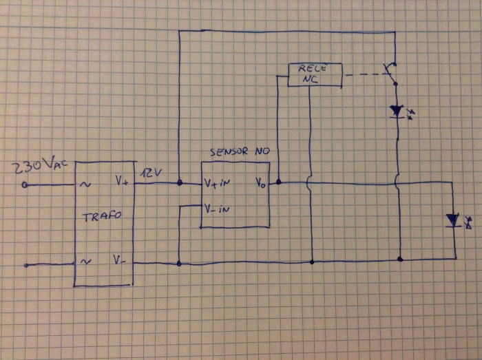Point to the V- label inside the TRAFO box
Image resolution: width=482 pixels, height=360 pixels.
click(x=120, y=260)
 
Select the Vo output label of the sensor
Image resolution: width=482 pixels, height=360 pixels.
click(x=261, y=184)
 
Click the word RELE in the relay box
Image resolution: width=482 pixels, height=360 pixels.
click(x=314, y=69)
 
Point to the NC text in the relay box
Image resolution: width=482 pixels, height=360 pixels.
click(x=313, y=80)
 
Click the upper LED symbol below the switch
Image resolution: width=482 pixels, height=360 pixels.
click(x=397, y=110)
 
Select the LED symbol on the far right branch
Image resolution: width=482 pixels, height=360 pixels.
click(x=452, y=220)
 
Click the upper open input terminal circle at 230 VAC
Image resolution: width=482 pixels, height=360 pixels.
click(x=25, y=184)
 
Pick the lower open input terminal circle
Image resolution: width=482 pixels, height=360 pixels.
click(x=25, y=264)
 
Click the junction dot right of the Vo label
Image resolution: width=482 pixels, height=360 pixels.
click(x=278, y=183)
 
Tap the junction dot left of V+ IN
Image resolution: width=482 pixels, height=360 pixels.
click(x=179, y=183)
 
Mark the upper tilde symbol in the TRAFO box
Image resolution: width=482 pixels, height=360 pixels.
click(x=85, y=184)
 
